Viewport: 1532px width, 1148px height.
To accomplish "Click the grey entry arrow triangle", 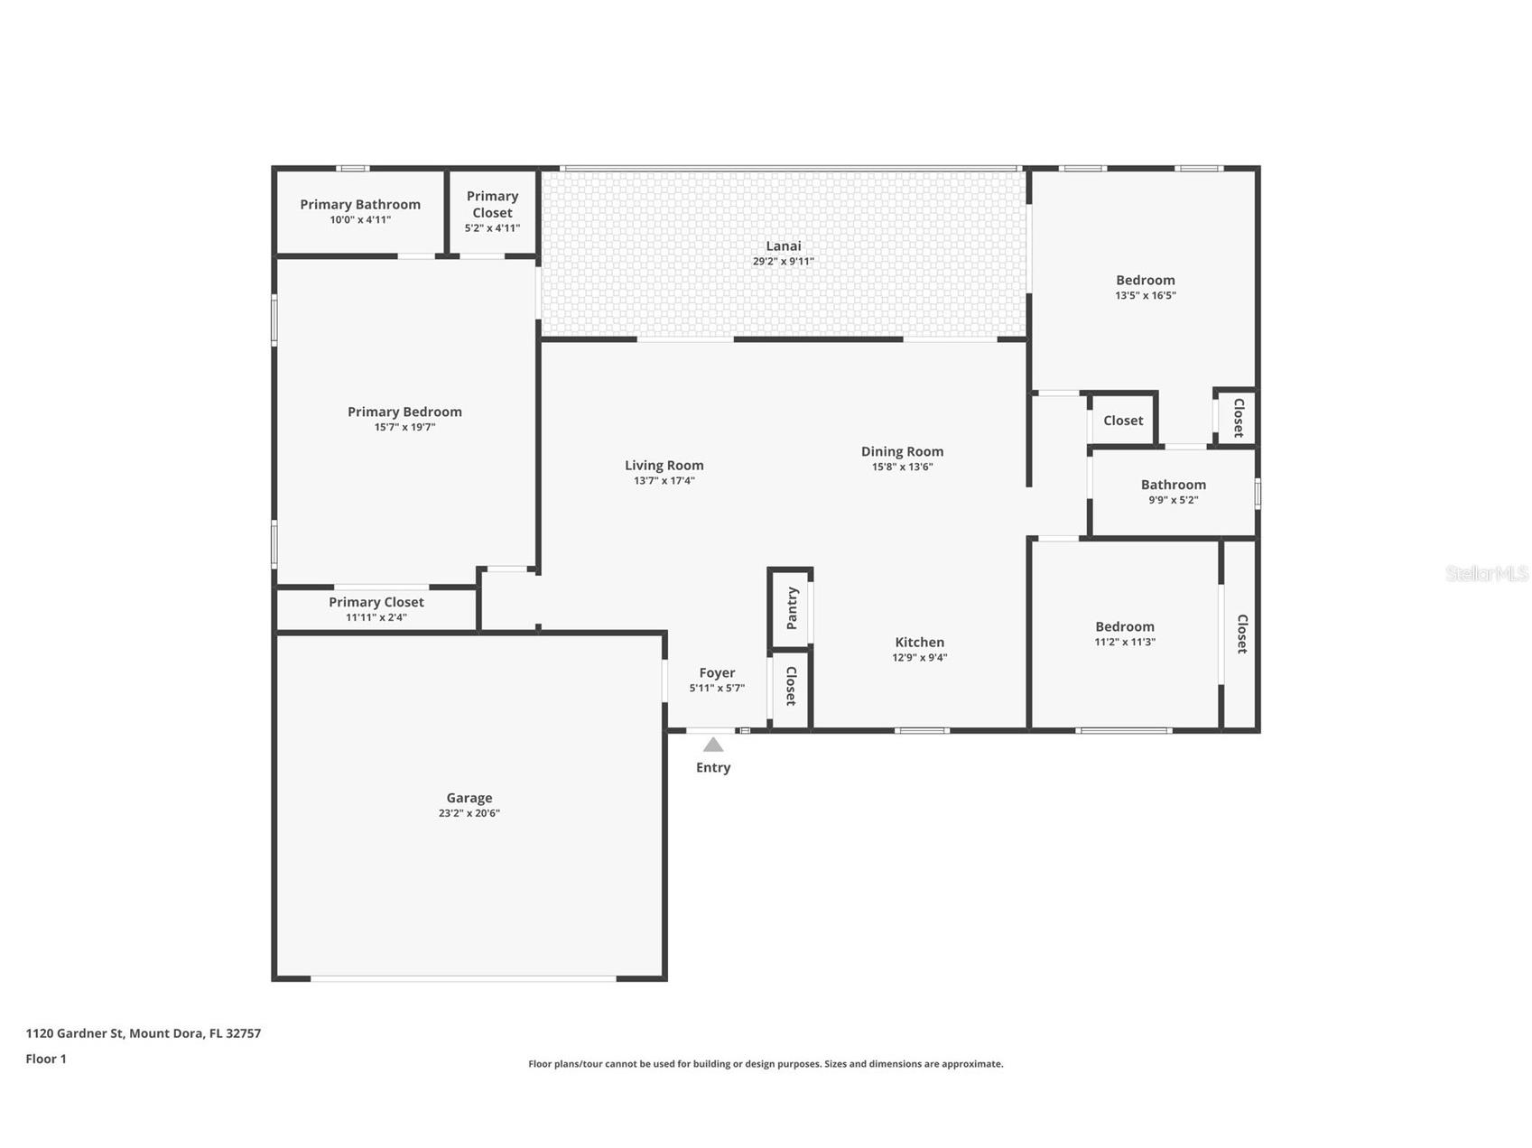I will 713,745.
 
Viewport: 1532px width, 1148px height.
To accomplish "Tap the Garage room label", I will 469,798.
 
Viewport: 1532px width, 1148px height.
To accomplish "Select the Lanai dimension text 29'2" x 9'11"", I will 783,262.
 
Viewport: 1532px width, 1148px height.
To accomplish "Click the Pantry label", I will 792,608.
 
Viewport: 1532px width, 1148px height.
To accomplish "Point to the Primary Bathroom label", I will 360,205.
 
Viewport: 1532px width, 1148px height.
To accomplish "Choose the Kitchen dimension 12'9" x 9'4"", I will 919,658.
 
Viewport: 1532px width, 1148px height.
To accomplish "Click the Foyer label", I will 717,673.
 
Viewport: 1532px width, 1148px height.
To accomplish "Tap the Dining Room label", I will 902,451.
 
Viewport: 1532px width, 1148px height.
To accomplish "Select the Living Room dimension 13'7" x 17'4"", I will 664,481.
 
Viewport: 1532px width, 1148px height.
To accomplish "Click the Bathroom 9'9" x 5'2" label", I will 1173,486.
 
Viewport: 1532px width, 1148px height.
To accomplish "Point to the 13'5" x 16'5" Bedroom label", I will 1145,281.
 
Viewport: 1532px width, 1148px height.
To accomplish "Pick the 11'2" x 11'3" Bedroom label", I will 1124,627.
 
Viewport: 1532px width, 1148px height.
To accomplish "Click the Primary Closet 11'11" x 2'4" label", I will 376,603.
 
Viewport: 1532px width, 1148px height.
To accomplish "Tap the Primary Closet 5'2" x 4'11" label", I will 492,205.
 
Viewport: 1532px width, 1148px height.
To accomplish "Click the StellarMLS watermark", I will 1486,574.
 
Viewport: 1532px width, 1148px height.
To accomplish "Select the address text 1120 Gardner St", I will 76,1033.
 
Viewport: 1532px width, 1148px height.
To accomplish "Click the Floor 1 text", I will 46,1059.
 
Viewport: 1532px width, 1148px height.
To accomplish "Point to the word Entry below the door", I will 713,768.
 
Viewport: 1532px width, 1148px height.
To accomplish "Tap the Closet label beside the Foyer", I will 791,686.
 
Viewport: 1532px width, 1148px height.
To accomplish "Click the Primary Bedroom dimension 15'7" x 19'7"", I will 404,428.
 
